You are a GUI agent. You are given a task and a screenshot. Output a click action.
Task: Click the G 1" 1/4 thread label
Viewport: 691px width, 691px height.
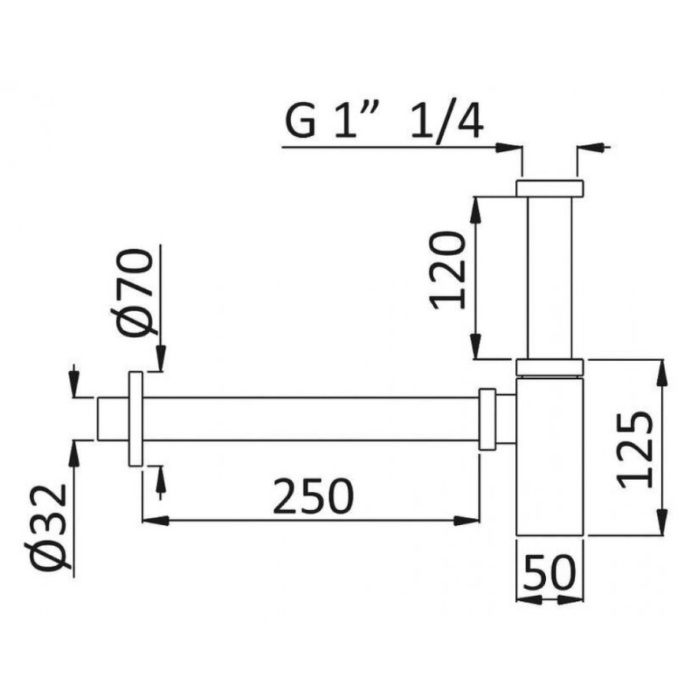[384, 121]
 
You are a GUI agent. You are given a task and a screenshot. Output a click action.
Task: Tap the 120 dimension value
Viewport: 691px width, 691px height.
[448, 270]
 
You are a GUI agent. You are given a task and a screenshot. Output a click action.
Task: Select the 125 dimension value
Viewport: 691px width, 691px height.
[635, 450]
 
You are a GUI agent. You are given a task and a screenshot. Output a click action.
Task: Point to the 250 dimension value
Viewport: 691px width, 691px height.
[313, 497]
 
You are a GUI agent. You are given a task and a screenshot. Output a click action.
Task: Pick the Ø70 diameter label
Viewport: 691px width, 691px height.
[132, 293]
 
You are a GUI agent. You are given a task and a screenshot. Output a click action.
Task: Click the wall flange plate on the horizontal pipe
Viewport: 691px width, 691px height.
[136, 418]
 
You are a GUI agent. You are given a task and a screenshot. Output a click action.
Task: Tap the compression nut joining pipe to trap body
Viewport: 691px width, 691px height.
[488, 419]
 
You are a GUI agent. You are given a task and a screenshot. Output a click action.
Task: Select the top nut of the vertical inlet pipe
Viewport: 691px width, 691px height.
[550, 187]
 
